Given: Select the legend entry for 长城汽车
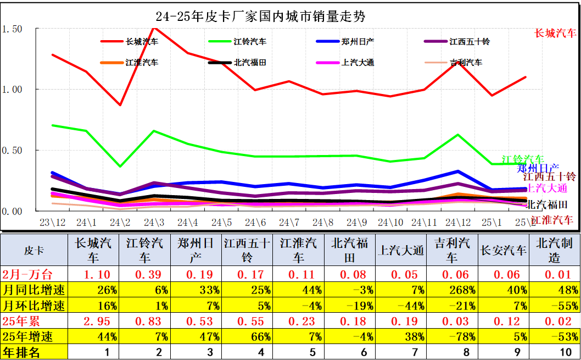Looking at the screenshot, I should tap(142, 41).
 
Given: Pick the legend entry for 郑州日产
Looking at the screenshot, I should tap(357, 41).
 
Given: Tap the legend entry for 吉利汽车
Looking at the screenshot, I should tap(466, 62).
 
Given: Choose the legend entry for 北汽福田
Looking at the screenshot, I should tap(250, 62).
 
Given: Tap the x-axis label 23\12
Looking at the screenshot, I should tap(52, 223).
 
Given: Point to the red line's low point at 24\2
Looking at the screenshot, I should tap(120, 104).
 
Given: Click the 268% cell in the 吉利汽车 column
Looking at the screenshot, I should tap(451, 290).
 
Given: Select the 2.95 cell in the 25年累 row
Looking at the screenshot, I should tap(93, 321).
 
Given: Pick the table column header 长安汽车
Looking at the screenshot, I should tap(503, 251).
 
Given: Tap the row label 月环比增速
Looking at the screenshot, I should tap(34, 306).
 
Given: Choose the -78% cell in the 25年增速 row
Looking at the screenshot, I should tap(451, 336).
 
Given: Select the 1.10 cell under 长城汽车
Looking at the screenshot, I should tap(93, 274).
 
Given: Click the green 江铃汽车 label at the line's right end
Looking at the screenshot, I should tap(523, 159).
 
